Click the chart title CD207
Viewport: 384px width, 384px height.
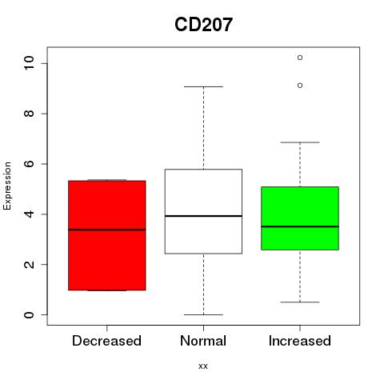click(x=203, y=25)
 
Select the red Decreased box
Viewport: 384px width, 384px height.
click(x=107, y=235)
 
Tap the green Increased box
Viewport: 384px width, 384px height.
click(x=300, y=218)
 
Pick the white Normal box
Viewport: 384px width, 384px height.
click(x=203, y=211)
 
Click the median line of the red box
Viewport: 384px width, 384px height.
click(x=107, y=230)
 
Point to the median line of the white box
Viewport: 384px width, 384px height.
click(x=203, y=216)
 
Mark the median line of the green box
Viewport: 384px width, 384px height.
click(x=300, y=226)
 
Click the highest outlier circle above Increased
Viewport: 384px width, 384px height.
click(x=300, y=58)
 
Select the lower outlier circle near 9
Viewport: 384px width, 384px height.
click(x=300, y=86)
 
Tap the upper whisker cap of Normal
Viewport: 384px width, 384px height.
click(x=203, y=86)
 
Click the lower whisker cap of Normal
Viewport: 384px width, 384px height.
click(x=203, y=314)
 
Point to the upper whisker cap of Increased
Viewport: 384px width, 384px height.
click(x=300, y=142)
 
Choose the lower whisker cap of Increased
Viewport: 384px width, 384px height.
click(x=300, y=302)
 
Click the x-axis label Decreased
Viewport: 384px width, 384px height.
click(x=106, y=341)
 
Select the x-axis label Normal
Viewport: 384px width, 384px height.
click(x=203, y=341)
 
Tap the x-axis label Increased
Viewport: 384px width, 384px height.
click(x=300, y=341)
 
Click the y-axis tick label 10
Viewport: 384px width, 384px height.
click(x=29, y=63)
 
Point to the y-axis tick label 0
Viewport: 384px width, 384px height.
click(x=29, y=314)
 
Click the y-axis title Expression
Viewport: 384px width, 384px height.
click(x=7, y=186)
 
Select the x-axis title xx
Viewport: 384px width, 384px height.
click(x=203, y=366)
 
